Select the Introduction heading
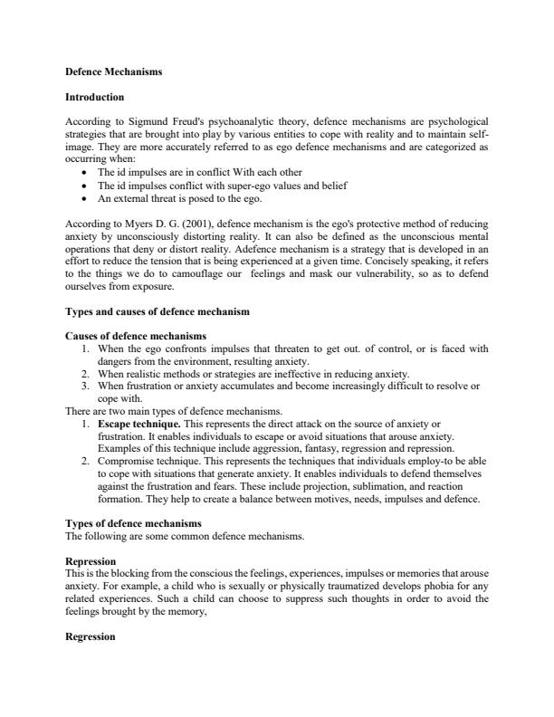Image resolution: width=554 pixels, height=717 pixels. coord(95,97)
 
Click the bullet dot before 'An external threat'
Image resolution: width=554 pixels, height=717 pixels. coord(84,198)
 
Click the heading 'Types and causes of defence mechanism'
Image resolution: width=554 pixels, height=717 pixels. coord(158,311)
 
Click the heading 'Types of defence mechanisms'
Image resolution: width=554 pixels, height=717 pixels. coord(134,524)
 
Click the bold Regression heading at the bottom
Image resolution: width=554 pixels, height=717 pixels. coord(91,636)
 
